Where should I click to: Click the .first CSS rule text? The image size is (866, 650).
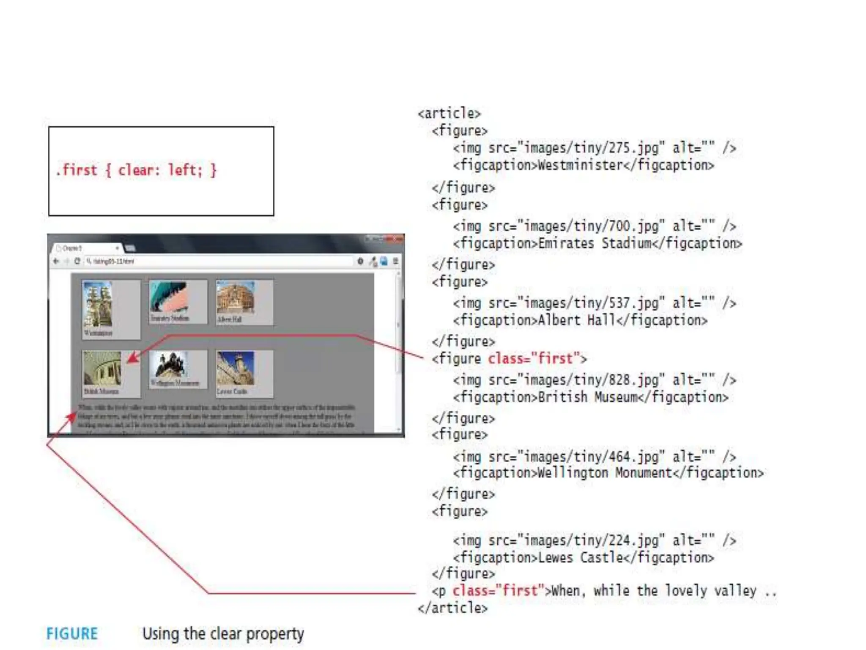[x=136, y=170]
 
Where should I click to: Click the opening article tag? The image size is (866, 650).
[x=449, y=113]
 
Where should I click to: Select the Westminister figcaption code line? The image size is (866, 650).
[x=584, y=165]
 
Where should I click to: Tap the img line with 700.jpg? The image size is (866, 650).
[x=594, y=226]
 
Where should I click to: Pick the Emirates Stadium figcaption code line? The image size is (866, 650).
[x=597, y=244]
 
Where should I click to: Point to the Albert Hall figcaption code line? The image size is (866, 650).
[x=580, y=320]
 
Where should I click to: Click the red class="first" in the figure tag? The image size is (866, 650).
[x=534, y=359]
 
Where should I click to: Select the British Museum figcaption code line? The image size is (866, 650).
[x=590, y=397]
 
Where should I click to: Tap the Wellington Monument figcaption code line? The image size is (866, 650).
[x=608, y=473]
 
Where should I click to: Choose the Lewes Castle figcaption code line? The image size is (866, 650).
[x=584, y=558]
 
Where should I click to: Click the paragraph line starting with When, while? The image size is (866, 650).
[x=605, y=591]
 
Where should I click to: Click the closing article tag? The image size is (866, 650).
[x=452, y=608]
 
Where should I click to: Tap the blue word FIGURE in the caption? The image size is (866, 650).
[x=72, y=634]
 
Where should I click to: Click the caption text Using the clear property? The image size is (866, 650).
[x=223, y=634]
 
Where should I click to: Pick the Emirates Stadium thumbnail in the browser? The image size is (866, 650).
[x=168, y=297]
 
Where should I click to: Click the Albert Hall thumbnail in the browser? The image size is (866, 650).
[x=236, y=298]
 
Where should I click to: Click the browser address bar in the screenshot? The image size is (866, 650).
[x=218, y=262]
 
